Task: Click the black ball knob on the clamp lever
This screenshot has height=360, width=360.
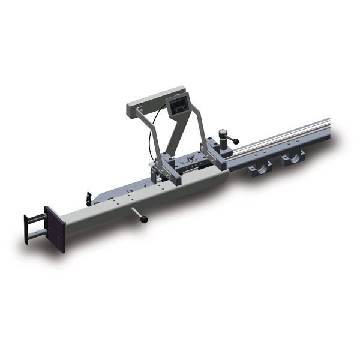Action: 236,142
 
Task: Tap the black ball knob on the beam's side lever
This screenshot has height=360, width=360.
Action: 144,220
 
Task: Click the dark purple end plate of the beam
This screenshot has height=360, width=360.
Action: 55,229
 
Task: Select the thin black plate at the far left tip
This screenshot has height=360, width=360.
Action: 26,229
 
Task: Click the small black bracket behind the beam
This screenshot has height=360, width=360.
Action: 89,198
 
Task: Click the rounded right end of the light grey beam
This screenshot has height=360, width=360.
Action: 220,178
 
